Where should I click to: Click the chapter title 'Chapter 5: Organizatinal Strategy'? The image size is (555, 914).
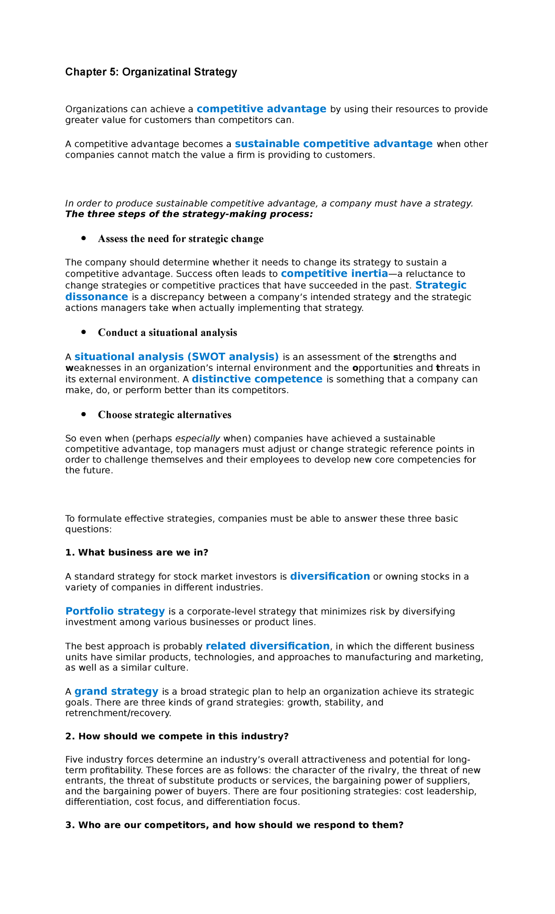click(x=151, y=72)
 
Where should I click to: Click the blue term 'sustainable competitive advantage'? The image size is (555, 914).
click(x=333, y=144)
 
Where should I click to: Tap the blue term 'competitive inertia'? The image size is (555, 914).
click(x=334, y=274)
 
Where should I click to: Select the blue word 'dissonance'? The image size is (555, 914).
click(x=97, y=297)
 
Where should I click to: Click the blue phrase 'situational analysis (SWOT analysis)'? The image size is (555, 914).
click(x=176, y=357)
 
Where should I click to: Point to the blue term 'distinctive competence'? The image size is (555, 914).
click(x=257, y=379)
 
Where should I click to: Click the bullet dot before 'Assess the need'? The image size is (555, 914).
click(x=83, y=239)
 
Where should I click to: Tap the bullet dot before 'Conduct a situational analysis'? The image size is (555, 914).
click(x=83, y=333)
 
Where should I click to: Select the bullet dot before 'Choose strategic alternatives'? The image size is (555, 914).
click(x=83, y=414)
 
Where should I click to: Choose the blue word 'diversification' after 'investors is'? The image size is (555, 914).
click(x=330, y=576)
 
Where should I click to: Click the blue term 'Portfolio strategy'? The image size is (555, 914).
click(x=115, y=611)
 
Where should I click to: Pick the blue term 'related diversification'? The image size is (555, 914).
click(x=267, y=646)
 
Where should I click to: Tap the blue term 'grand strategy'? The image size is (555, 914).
click(x=116, y=692)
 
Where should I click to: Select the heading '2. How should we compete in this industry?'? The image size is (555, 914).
click(x=177, y=736)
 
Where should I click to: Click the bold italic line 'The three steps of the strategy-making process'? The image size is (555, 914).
click(x=189, y=214)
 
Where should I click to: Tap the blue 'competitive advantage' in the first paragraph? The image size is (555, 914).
click(x=261, y=109)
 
